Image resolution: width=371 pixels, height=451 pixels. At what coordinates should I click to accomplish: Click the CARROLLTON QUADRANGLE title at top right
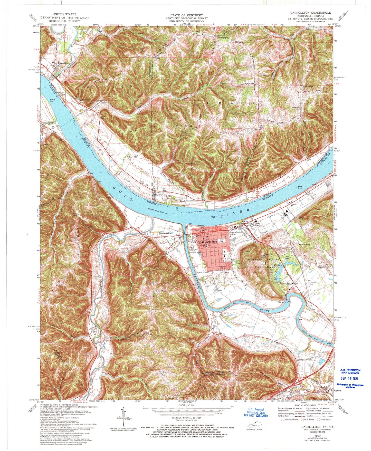click(x=311, y=13)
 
